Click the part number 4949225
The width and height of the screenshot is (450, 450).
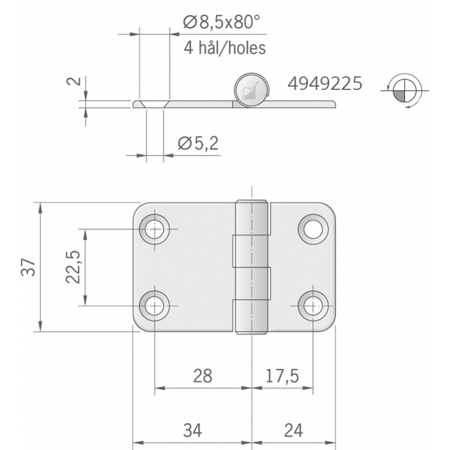(325, 84)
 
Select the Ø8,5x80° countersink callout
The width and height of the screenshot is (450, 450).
(221, 23)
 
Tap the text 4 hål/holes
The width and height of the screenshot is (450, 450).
(225, 48)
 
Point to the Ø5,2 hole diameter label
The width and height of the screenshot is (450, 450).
(197, 143)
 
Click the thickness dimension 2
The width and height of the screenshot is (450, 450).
(75, 81)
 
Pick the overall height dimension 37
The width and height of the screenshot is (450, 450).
(28, 267)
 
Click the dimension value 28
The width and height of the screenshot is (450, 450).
(203, 375)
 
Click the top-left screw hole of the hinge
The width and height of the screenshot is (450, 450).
(155, 228)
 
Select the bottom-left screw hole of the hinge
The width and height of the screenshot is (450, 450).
(155, 306)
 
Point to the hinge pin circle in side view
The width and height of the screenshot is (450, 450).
(250, 89)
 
